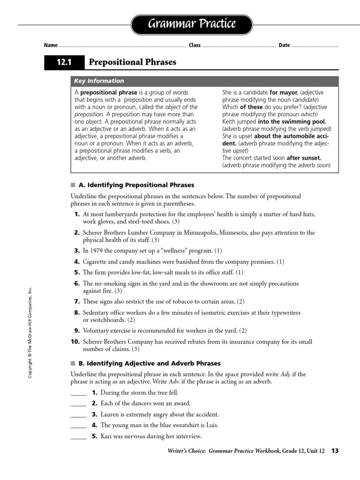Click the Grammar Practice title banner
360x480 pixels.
click(192, 24)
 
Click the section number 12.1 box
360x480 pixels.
click(63, 62)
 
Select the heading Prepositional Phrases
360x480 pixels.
click(133, 62)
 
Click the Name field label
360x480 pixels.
click(51, 45)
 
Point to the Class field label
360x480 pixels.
click(195, 45)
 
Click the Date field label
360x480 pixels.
click(284, 45)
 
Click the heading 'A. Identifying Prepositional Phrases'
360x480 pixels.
click(136, 185)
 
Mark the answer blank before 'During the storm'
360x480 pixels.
click(78, 393)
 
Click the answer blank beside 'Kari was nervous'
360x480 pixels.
click(78, 437)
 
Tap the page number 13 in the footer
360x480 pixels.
click(335, 451)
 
